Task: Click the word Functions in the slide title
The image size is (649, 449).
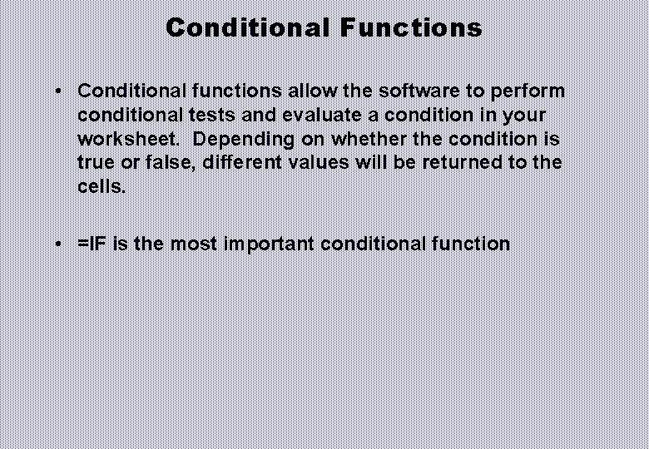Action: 411,27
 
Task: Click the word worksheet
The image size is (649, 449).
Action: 126,139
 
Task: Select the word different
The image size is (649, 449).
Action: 242,163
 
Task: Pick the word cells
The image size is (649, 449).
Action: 102,187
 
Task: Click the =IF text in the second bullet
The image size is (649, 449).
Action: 92,244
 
